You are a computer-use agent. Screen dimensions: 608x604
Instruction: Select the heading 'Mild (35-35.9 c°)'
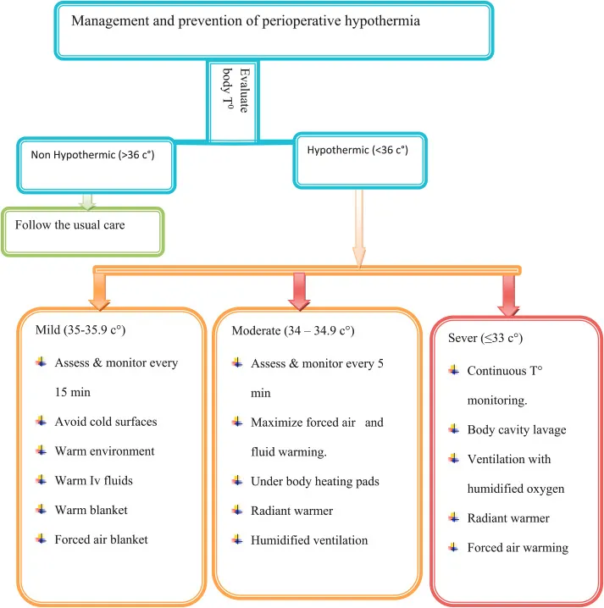click(x=82, y=329)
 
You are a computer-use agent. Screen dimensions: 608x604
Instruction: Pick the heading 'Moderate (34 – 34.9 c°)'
click(x=298, y=329)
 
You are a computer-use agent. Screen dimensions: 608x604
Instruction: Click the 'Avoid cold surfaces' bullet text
click(x=105, y=422)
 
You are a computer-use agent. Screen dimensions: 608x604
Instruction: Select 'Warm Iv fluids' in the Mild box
click(x=93, y=481)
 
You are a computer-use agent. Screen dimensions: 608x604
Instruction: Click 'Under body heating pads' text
click(x=313, y=481)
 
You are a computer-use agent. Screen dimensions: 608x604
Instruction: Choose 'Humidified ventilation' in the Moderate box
click(x=308, y=539)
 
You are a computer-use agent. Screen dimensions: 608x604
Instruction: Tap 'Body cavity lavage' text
click(x=517, y=429)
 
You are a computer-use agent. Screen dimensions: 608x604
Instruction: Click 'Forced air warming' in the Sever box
click(x=518, y=547)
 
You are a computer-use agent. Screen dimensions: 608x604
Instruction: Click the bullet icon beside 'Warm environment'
click(x=42, y=451)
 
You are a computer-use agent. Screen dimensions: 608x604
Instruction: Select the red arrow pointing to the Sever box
click(x=510, y=292)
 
